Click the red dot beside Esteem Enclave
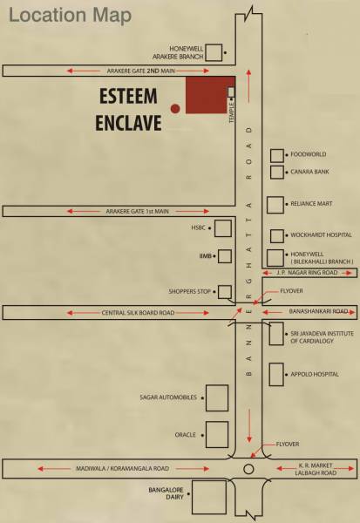[x=175, y=108]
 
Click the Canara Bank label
[x=310, y=173]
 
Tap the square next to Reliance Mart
[x=275, y=205]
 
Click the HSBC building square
[x=223, y=228]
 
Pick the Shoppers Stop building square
[x=224, y=292]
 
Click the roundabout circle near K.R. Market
[x=248, y=469]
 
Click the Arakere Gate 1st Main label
[x=137, y=211]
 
